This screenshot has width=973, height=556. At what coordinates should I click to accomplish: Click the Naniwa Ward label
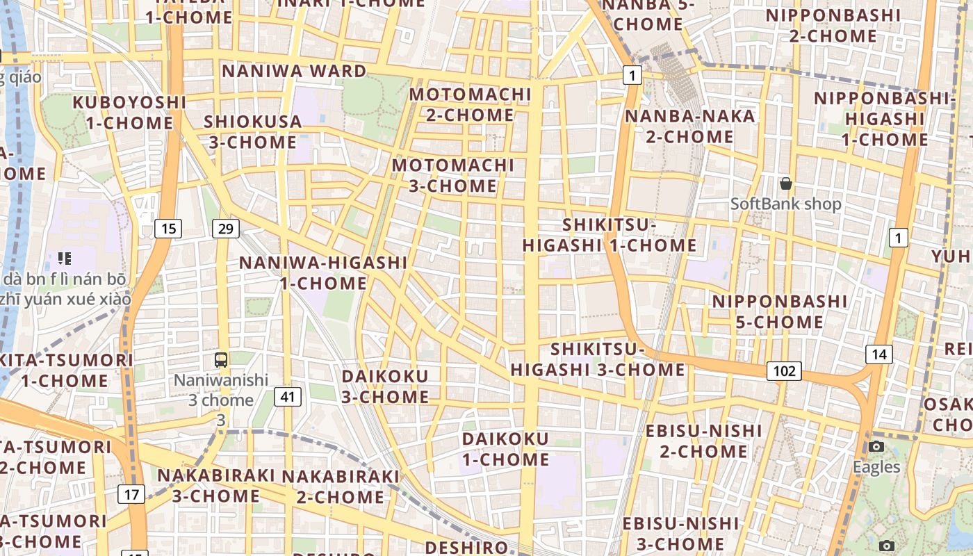[x=294, y=71]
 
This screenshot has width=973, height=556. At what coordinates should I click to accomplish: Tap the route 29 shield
[x=224, y=228]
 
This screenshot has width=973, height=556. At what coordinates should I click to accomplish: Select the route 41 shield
[x=288, y=397]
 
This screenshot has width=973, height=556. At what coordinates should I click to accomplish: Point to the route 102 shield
[x=784, y=370]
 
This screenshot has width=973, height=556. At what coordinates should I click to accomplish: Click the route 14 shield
[x=879, y=354]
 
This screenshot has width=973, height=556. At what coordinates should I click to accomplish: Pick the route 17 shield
[x=132, y=494]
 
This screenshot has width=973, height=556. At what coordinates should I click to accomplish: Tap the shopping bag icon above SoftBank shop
[x=786, y=183]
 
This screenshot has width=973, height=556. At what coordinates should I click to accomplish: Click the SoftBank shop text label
[x=786, y=204]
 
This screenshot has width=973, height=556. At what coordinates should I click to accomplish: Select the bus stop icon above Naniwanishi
[x=221, y=359]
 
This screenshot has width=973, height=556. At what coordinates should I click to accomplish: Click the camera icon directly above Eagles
[x=876, y=446]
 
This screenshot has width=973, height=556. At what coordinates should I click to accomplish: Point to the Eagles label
[x=876, y=467]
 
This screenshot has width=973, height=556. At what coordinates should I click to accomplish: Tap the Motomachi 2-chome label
[x=471, y=104]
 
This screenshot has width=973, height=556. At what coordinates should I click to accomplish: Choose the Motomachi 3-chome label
[x=453, y=176]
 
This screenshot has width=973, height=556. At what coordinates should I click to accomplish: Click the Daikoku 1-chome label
[x=506, y=449]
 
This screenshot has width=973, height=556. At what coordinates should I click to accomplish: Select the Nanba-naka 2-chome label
[x=690, y=126]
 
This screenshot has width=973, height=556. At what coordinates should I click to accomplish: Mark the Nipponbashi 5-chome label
[x=780, y=311]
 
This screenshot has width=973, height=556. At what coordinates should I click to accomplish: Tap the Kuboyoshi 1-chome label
[x=130, y=113]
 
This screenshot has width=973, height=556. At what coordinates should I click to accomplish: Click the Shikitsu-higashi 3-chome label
[x=598, y=359]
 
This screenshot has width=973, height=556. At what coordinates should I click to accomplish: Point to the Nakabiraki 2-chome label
[x=341, y=486]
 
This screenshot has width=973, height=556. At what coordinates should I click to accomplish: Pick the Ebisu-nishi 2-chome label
[x=704, y=441]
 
